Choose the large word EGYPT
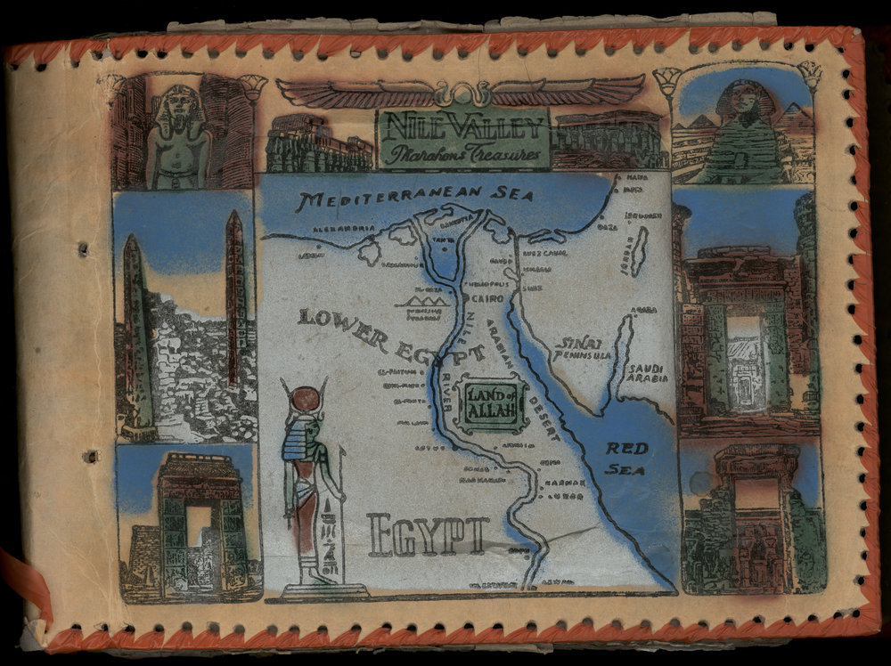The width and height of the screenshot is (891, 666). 429,536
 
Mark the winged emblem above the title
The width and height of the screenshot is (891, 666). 460,90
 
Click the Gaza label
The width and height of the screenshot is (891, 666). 611,228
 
